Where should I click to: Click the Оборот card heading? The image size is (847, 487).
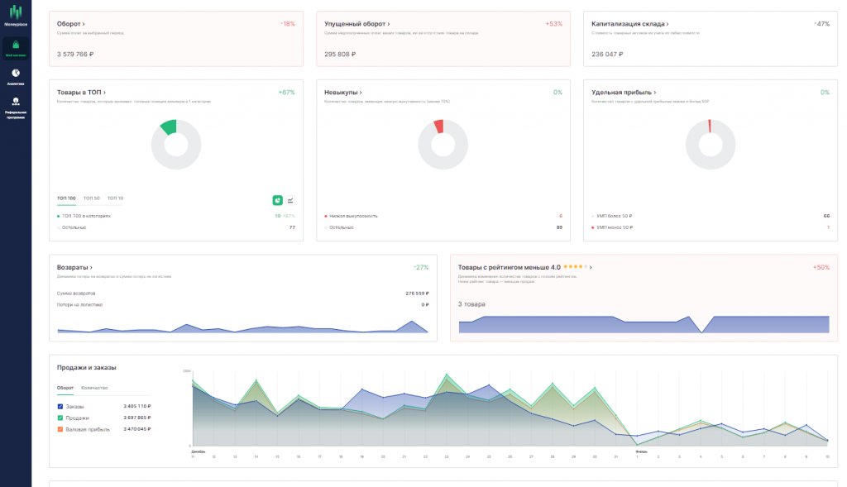[x=70, y=24]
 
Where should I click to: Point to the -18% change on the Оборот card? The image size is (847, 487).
[x=287, y=24]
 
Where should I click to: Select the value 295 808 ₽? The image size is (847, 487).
[x=340, y=54]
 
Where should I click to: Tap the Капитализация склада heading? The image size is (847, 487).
[x=629, y=24]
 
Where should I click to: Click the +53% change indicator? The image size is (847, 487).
[x=553, y=24]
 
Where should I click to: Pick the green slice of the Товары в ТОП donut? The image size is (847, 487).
[x=169, y=127]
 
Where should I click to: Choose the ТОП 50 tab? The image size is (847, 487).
[x=91, y=198]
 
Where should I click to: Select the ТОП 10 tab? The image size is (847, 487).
[x=115, y=198]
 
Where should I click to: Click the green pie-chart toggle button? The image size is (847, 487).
[x=278, y=200]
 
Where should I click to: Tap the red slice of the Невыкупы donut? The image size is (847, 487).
[x=439, y=126]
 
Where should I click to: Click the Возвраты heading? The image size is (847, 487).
[x=74, y=267]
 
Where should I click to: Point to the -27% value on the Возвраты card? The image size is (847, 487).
[x=421, y=267]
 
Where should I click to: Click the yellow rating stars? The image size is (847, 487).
[x=575, y=267]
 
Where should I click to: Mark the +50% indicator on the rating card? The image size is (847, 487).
[x=821, y=267]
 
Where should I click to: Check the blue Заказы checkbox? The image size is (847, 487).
[x=60, y=406]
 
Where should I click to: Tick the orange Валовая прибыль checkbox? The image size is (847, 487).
[x=60, y=429]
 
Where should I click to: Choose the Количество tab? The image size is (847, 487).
[x=93, y=388]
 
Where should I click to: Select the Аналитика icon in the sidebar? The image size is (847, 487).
[x=16, y=74]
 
